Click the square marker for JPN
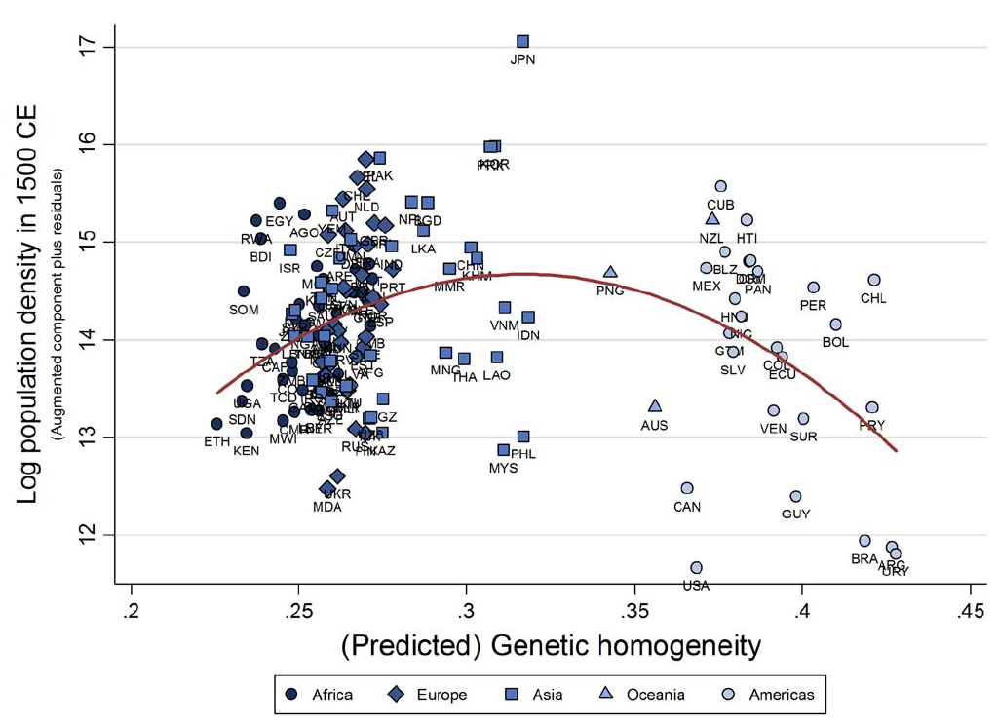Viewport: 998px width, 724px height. coord(522,41)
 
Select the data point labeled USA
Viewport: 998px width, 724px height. coord(696,568)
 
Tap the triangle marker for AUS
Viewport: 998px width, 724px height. coord(655,405)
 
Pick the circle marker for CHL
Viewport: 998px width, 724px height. coord(874,281)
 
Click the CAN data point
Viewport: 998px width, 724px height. coord(687,488)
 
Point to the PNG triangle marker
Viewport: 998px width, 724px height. coord(610,273)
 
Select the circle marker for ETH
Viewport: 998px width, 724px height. coord(217,424)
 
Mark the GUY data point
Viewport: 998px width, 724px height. coord(795,497)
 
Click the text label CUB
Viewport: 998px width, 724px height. coord(720,205)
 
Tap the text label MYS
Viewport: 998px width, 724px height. coord(503,468)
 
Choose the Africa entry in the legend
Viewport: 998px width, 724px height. coord(321,695)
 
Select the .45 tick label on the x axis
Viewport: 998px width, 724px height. coord(970,611)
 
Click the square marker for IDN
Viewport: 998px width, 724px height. coord(528,318)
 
